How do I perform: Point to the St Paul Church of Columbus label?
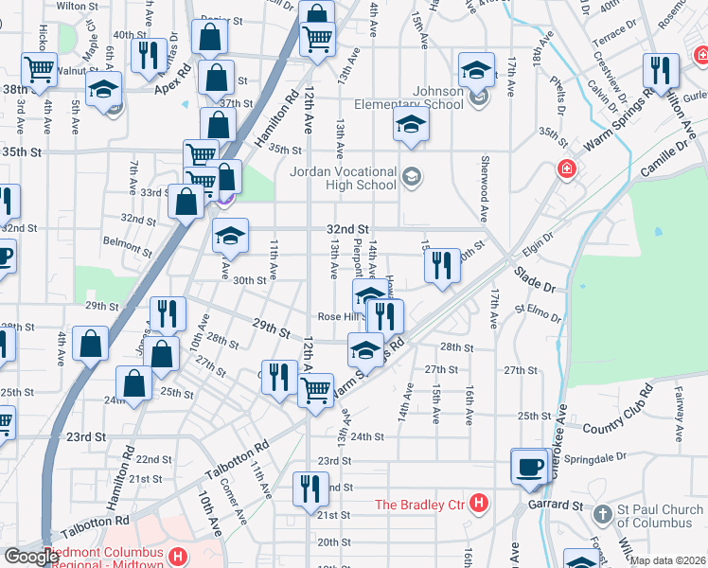[656, 517]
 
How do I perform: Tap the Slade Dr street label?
[536, 274]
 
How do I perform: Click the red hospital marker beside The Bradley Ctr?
[480, 502]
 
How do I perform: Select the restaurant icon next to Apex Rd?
[149, 55]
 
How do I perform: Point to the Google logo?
[31, 557]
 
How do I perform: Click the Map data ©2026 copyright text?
[666, 560]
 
